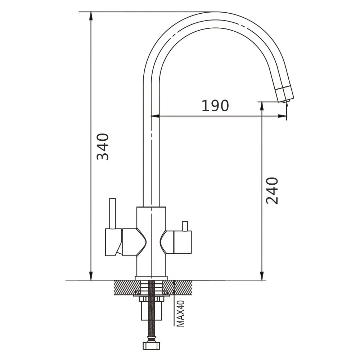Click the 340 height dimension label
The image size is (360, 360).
(x=102, y=147)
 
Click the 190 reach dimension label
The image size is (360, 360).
(x=215, y=105)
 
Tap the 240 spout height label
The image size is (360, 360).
(x=272, y=190)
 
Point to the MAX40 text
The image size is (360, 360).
(x=181, y=314)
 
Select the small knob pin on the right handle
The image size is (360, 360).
(x=185, y=226)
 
